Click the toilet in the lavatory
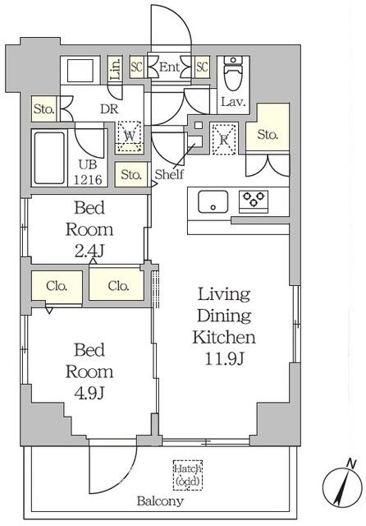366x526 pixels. tap(233, 75)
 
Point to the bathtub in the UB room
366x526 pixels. tap(50, 157)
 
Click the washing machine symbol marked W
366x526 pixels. tap(129, 136)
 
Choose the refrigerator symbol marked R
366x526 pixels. tap(224, 138)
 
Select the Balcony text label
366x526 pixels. tap(160, 501)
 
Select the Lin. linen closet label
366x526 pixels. tap(115, 68)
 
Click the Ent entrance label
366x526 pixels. tap(170, 67)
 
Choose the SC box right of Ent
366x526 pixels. tap(202, 67)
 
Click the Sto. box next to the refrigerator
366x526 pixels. tap(268, 135)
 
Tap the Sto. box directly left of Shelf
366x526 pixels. tap(131, 174)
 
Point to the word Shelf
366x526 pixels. tap(169, 174)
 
